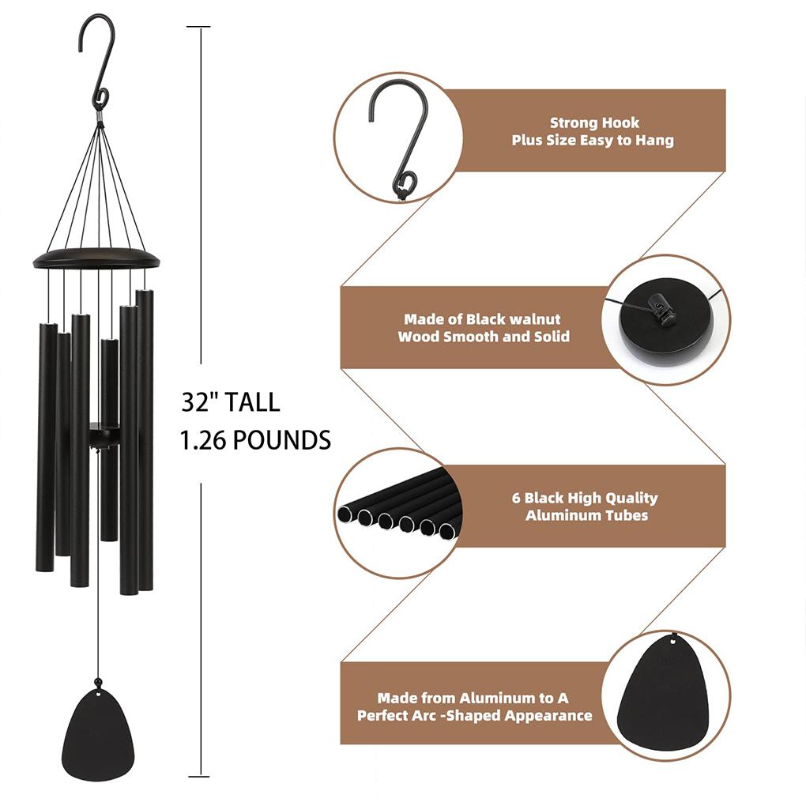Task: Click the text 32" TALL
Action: [x=230, y=402]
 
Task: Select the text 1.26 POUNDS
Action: [x=255, y=440]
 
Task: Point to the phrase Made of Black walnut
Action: [x=482, y=319]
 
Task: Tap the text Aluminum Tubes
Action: [x=586, y=515]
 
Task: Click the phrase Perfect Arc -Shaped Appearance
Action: [x=474, y=716]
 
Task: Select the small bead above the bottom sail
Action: [x=98, y=681]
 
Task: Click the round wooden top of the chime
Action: [x=96, y=258]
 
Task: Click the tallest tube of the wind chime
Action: [x=145, y=439]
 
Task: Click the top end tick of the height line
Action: [x=199, y=28]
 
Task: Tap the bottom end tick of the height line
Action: [x=199, y=776]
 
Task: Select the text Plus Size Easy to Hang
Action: [x=593, y=141]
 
